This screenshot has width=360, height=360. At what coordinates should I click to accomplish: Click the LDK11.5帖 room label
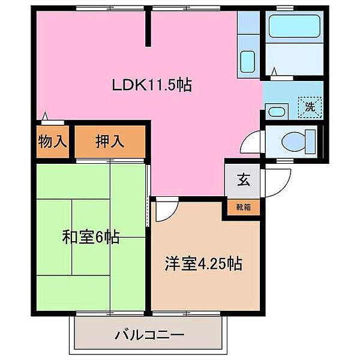152,85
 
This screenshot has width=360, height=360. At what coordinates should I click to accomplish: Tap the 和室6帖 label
91,238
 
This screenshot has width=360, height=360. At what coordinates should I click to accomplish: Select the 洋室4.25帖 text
204,264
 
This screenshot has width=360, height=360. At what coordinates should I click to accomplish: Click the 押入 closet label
110,142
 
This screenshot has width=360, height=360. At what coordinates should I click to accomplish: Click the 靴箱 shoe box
243,208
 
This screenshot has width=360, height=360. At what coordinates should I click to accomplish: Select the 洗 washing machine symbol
310,109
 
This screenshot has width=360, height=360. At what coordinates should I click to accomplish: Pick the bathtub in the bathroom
294,27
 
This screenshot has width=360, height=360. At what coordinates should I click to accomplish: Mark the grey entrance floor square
242,180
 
